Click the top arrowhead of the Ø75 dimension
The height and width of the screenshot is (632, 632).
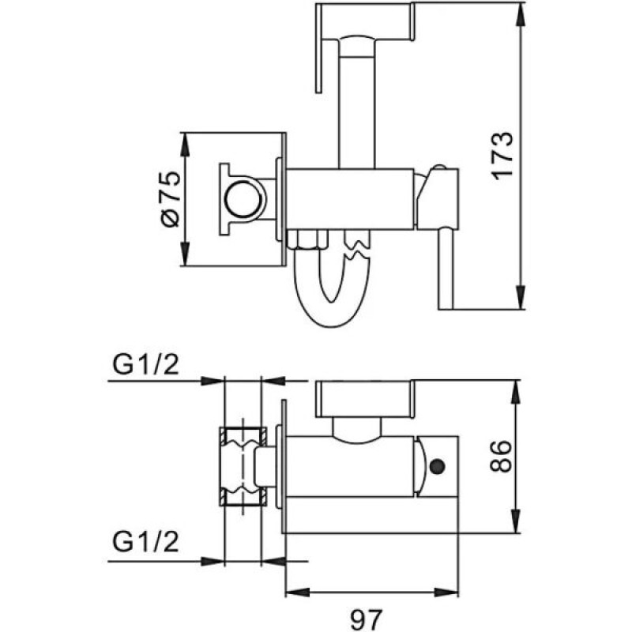(186, 137)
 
